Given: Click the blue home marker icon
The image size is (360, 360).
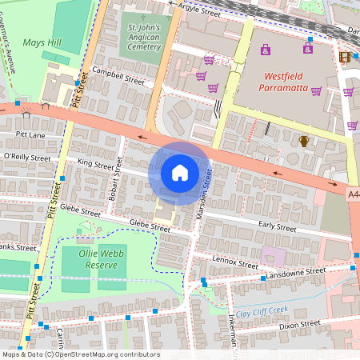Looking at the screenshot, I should click(180, 173).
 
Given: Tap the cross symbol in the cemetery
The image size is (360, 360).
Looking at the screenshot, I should click(144, 17).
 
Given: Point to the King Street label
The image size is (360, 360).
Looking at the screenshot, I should click(96, 163).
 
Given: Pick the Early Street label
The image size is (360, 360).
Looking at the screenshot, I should click(278, 227).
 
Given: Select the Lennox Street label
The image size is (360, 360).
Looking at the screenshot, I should click(235, 262).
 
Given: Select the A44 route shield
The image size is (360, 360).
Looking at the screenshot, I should click(354, 194).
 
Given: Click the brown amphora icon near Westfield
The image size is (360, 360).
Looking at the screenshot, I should click(304, 142).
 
